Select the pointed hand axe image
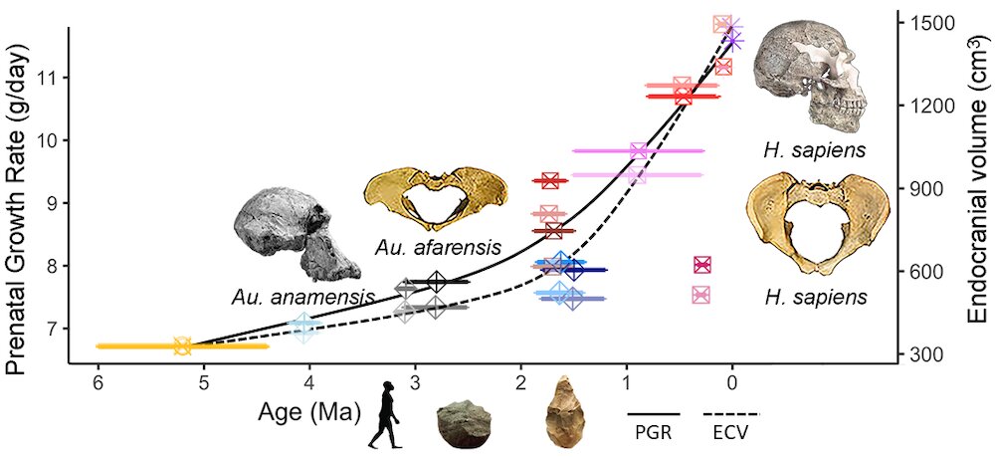(565, 408)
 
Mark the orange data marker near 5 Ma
(182, 346)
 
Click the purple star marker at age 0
(734, 38)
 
